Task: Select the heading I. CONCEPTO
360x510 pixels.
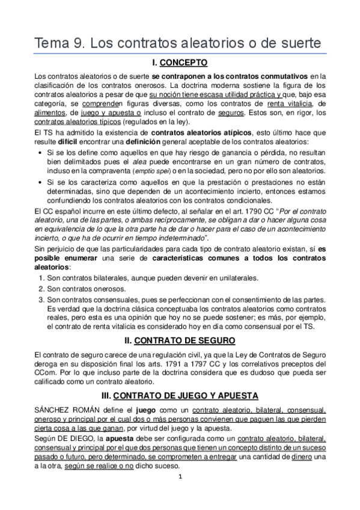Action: [x=180, y=63]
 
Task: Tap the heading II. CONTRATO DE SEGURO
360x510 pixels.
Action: [x=180, y=340]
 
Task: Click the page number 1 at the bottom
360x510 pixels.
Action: [x=180, y=493]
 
